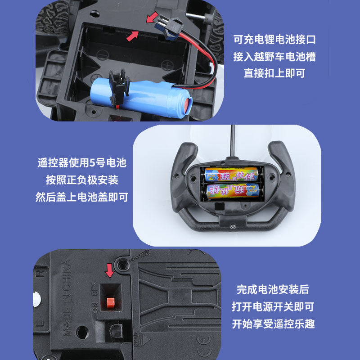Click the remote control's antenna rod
click(x=233, y=139)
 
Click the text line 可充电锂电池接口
click(x=274, y=40)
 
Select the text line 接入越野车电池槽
click(x=274, y=57)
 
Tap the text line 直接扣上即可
click(x=274, y=73)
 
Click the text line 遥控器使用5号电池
click(x=82, y=163)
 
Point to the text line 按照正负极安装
click(x=82, y=180)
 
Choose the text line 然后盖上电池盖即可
click(x=82, y=197)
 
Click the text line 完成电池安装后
click(x=273, y=290)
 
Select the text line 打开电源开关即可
click(x=273, y=307)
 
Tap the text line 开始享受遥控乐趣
click(x=273, y=324)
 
